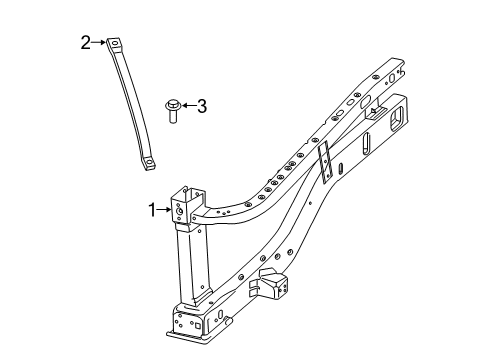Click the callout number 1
tap(153, 209)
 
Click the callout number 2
tap(86, 41)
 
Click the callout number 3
tap(202, 106)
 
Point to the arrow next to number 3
tap(189, 105)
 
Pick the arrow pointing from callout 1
tap(165, 209)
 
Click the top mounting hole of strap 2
tap(117, 43)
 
